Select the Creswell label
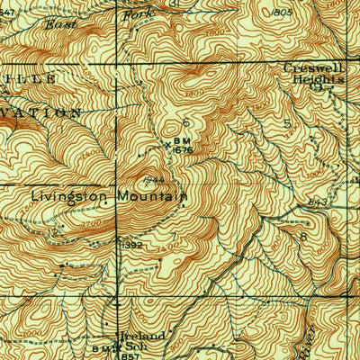coord(312,67)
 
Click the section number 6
coord(186,121)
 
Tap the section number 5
coord(286,122)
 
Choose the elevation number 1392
coord(131,243)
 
